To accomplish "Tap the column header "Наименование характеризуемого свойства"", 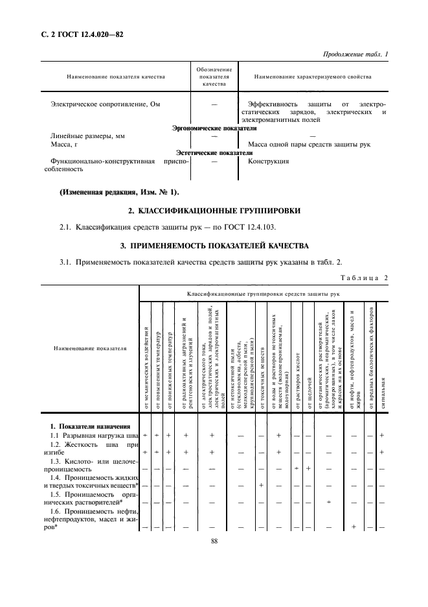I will [x=313, y=77].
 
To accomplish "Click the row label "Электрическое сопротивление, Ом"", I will [x=104, y=104].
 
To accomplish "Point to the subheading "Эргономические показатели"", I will [x=210, y=128].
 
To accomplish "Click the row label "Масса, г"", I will [x=65, y=144].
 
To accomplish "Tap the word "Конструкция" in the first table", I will [x=269, y=161].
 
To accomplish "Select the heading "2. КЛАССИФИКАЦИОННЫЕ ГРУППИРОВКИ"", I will [x=214, y=211].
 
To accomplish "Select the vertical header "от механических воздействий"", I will [x=146, y=360].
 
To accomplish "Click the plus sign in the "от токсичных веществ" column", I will [x=261, y=484].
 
